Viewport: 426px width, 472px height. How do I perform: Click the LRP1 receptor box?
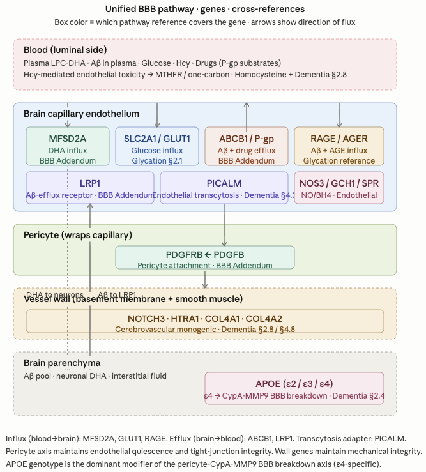point(90,188)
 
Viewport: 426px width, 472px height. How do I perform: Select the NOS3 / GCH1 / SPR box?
point(339,188)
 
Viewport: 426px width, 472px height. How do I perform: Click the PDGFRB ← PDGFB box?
point(205,257)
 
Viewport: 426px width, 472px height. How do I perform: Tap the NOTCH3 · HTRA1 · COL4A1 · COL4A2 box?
point(205,321)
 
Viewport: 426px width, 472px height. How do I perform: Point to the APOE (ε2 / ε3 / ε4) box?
point(294,389)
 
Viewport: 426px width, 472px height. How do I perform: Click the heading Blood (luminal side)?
point(65,50)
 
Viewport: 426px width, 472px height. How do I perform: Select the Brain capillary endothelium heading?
point(81,114)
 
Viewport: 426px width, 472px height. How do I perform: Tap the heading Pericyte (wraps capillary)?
point(77,235)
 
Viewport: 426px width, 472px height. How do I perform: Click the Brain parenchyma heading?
point(62,363)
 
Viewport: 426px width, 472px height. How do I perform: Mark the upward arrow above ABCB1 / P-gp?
point(247,114)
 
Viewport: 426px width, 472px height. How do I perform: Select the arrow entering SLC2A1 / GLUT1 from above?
point(157,115)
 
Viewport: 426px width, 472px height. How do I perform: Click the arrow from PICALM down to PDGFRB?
point(224,225)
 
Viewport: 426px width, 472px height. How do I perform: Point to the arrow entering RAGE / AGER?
point(339,115)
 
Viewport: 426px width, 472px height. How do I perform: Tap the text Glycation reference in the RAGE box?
point(339,161)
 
